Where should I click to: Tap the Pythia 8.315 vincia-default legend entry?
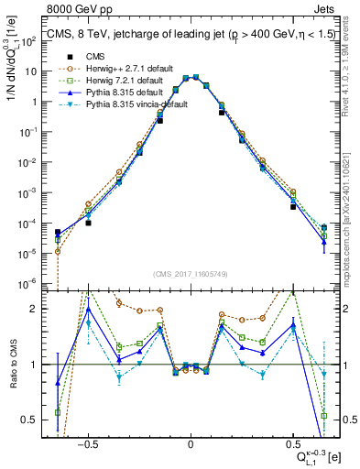pyautogui.click(x=134, y=106)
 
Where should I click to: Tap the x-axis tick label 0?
pyautogui.click(x=190, y=442)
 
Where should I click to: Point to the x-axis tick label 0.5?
pyautogui.click(x=292, y=442)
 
